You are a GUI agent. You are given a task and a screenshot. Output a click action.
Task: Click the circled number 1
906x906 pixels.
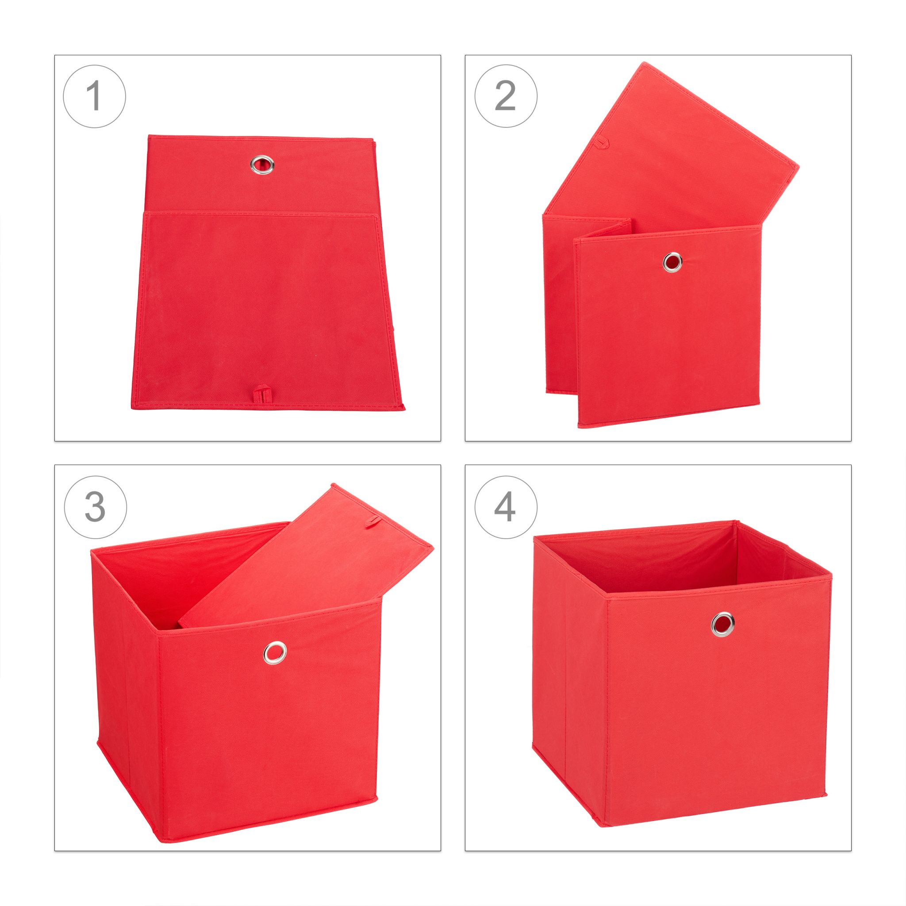[95, 96]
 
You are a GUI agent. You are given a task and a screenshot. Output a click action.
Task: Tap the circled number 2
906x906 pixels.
[506, 96]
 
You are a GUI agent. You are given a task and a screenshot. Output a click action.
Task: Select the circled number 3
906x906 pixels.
[95, 507]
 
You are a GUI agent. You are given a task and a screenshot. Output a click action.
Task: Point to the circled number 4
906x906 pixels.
[506, 507]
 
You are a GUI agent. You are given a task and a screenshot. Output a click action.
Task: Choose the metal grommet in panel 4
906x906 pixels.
[723, 623]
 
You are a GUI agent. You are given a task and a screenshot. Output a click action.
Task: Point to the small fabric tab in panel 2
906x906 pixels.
[601, 140]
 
